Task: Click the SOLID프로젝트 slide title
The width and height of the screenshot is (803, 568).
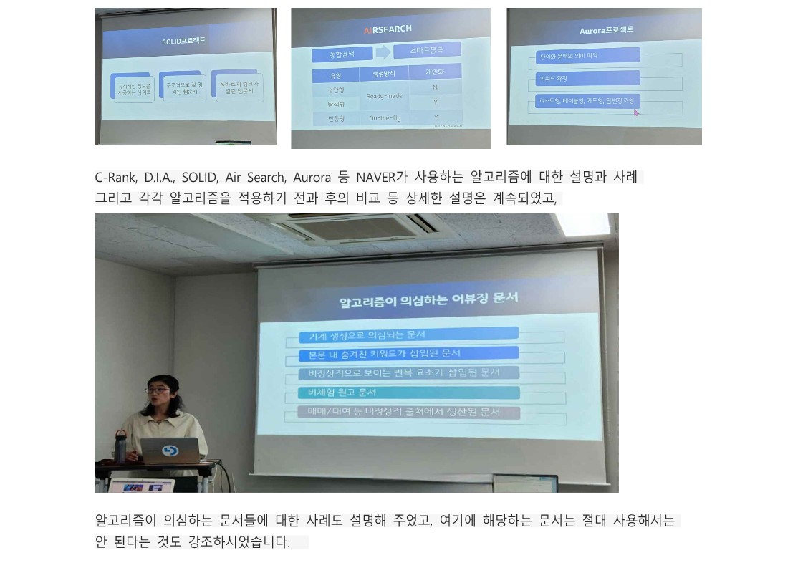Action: pyautogui.click(x=183, y=41)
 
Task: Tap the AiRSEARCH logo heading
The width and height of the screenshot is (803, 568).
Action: pyautogui.click(x=388, y=29)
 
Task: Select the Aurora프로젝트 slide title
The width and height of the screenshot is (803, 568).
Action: pyautogui.click(x=606, y=30)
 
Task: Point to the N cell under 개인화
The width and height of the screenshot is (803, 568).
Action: pyautogui.click(x=435, y=87)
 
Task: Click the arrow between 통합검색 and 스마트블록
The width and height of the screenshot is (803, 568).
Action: pyautogui.click(x=383, y=52)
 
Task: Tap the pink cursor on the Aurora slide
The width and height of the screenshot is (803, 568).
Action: pyautogui.click(x=635, y=112)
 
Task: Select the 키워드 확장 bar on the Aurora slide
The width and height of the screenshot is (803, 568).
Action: pyautogui.click(x=587, y=78)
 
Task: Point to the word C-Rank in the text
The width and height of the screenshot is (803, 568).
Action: pyautogui.click(x=115, y=177)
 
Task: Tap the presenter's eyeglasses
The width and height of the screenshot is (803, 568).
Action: pyautogui.click(x=158, y=390)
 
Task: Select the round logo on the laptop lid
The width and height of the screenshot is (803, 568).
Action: pyautogui.click(x=170, y=451)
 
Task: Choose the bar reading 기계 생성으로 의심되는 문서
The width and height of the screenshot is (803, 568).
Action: pyautogui.click(x=409, y=334)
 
